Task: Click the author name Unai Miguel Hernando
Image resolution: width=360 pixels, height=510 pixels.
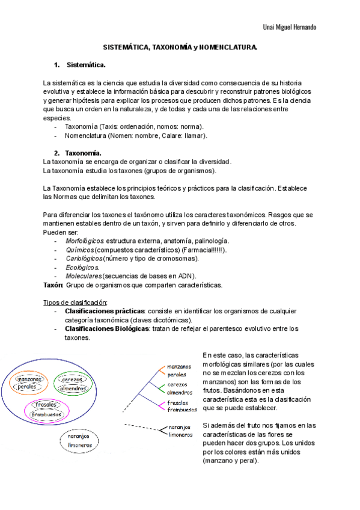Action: [x=290, y=28]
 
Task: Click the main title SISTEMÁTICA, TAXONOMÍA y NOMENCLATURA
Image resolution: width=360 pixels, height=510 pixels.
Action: [x=180, y=47]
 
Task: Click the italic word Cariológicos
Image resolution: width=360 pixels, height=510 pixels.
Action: [x=84, y=259]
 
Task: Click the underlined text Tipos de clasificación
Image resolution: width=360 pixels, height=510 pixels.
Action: [x=75, y=302]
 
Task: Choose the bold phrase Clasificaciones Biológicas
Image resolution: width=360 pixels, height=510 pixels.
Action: [x=106, y=329]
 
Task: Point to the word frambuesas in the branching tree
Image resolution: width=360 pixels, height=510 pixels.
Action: [x=182, y=410]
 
